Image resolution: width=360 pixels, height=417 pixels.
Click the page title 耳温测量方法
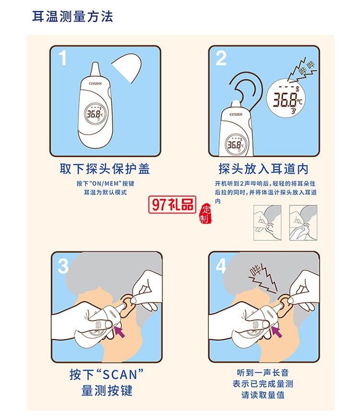[x=72, y=17]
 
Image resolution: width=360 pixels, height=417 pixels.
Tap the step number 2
[x=221, y=59]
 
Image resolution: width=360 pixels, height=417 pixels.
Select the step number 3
[x=63, y=266]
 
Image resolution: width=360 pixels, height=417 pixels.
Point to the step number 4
[x=221, y=266]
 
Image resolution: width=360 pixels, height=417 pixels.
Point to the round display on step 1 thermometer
[x=94, y=114]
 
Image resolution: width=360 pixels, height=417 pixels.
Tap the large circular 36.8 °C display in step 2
[x=287, y=99]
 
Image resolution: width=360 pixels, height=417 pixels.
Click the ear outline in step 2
[x=245, y=89]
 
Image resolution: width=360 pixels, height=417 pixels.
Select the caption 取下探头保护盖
[x=105, y=169]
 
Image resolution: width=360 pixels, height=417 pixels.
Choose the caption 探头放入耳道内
[x=263, y=169]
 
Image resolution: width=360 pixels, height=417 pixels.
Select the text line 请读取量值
[x=263, y=395]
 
